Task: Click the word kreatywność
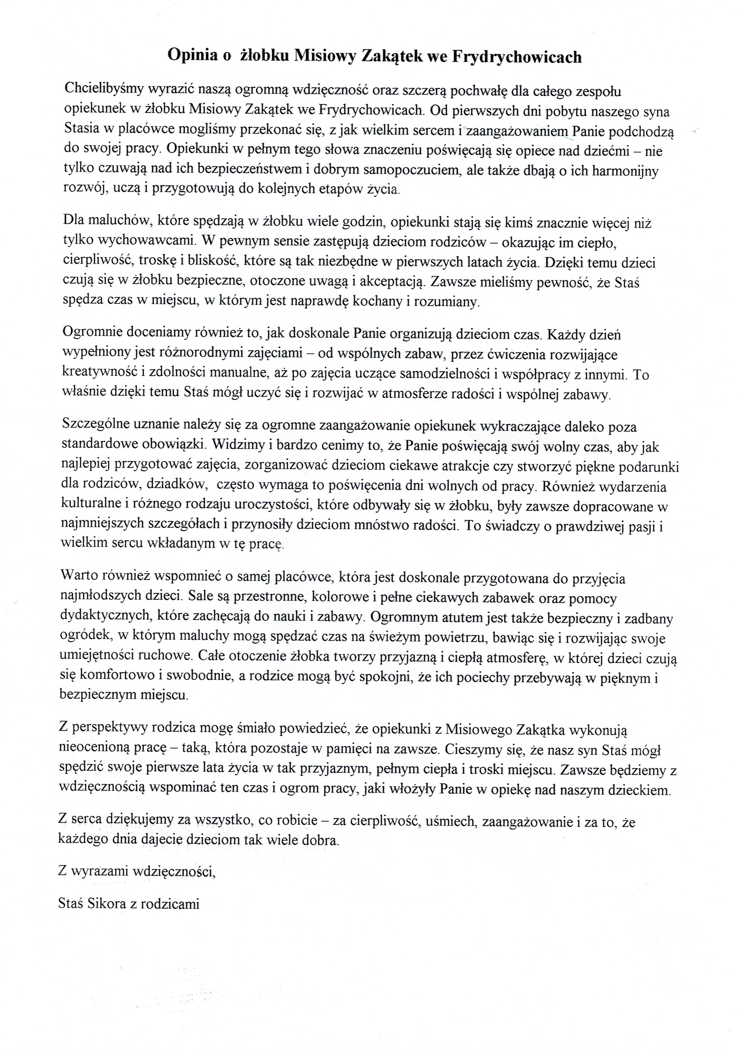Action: pyautogui.click(x=99, y=374)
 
